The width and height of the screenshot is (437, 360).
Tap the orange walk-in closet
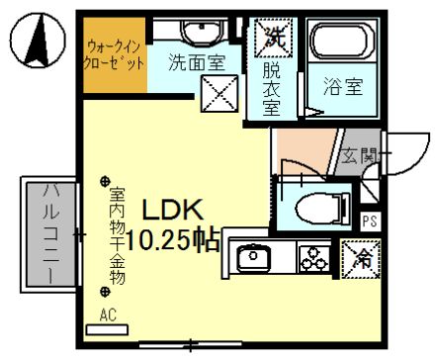[x=115, y=55]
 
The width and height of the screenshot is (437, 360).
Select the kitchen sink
[x=254, y=259]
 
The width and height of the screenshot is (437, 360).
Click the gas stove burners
[x=314, y=259]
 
